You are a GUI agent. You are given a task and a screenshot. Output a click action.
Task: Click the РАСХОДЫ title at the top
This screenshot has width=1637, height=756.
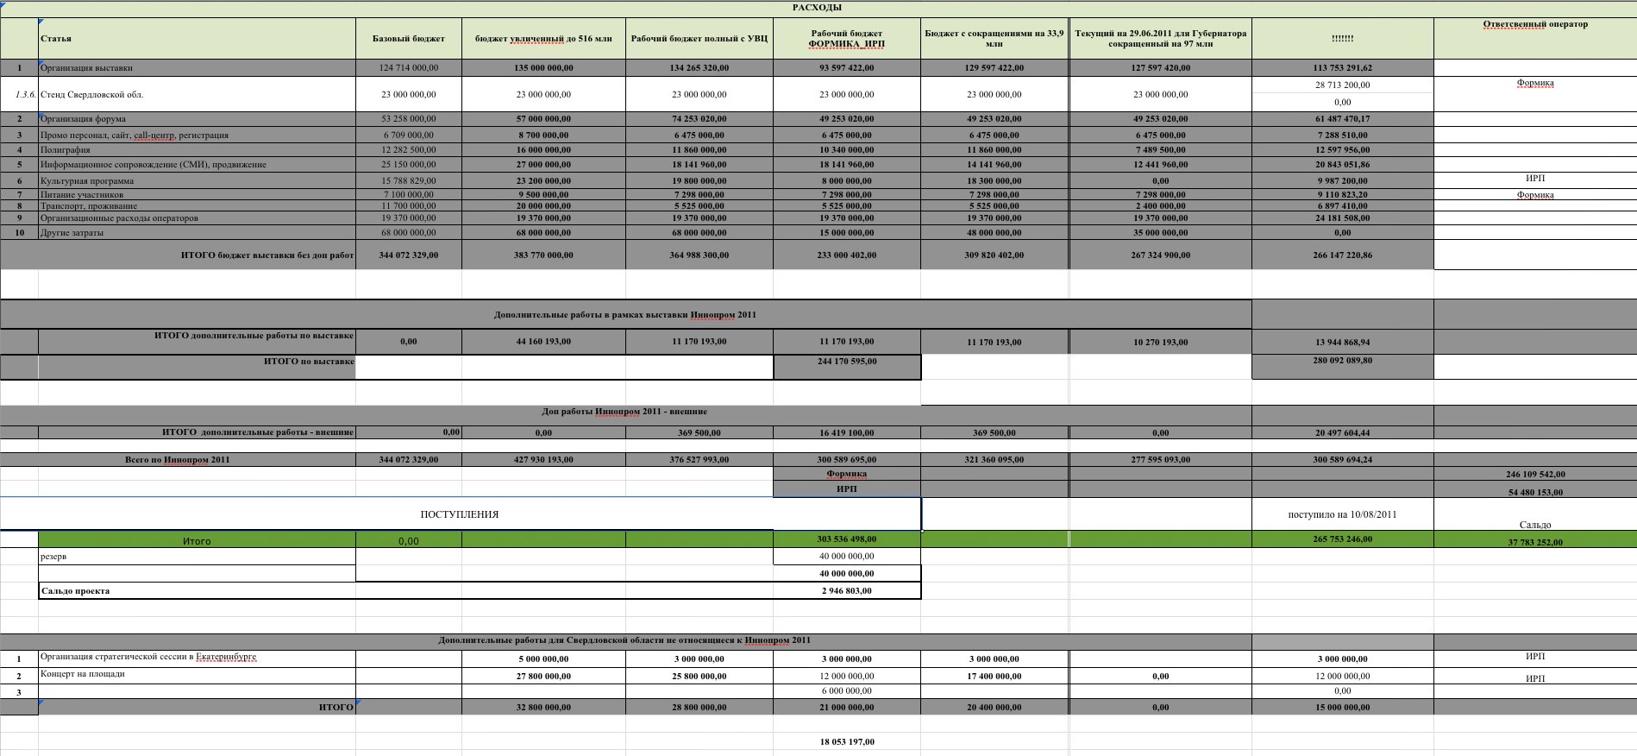click(817, 8)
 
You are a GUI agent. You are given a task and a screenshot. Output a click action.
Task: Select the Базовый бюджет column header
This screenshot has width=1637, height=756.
click(409, 39)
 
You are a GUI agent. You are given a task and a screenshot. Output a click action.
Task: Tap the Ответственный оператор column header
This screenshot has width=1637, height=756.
click(1535, 24)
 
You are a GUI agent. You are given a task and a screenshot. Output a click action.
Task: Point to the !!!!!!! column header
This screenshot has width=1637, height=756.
click(1342, 39)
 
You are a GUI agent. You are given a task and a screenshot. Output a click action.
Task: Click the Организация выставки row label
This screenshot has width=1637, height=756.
click(86, 68)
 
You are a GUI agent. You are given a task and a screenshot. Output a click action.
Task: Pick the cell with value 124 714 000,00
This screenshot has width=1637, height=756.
click(409, 68)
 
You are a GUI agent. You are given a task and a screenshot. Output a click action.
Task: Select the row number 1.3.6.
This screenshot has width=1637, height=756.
click(19, 95)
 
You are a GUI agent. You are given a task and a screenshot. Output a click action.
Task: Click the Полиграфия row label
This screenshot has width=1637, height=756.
click(66, 150)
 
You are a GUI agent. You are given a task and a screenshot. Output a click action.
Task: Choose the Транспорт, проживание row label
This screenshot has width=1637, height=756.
click(89, 206)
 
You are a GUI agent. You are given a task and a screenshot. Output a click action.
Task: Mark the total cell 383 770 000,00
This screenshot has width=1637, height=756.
click(543, 255)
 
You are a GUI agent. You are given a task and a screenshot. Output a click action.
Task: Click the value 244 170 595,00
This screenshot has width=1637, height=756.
click(847, 362)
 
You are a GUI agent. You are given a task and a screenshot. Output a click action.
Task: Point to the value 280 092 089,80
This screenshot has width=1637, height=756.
click(1342, 361)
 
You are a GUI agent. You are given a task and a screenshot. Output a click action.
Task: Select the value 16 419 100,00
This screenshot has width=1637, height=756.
click(847, 433)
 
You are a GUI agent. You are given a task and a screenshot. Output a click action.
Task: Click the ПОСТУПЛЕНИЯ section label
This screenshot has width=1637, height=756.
click(459, 514)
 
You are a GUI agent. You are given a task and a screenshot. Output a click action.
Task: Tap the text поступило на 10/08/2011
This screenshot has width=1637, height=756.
click(1342, 514)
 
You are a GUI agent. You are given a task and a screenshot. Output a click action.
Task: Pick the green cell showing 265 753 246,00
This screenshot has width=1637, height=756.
click(1342, 539)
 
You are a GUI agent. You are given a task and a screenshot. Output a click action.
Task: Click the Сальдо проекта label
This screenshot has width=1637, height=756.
click(76, 591)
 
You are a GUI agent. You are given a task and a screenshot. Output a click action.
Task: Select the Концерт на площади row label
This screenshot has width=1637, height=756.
click(83, 674)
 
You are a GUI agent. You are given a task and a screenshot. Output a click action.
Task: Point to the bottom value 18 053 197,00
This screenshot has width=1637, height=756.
click(847, 742)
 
